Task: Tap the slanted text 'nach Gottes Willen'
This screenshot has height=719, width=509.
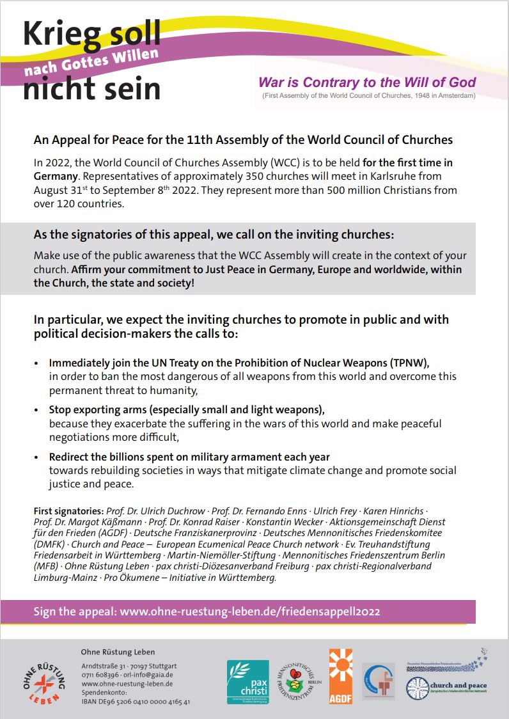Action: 91,63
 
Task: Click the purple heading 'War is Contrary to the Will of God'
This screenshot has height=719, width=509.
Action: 367,83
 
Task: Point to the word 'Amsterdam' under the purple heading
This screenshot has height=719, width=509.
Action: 449,96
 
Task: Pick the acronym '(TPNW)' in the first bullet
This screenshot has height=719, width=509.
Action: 407,363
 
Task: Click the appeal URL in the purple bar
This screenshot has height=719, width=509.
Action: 250,612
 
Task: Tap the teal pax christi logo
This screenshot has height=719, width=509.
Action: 248,681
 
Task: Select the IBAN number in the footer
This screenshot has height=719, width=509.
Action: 136,701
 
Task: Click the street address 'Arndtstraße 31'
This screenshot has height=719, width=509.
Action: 103,665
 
